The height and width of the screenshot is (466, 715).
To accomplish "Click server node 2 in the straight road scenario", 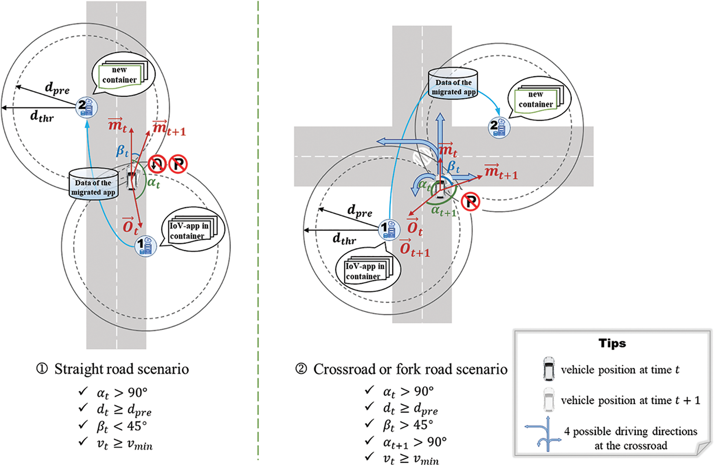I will (x=86, y=108).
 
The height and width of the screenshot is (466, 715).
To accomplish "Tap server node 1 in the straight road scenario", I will (x=145, y=246).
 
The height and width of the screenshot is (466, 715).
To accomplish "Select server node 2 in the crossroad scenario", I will (x=499, y=127).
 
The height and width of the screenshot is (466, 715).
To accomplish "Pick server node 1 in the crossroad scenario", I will (x=388, y=229).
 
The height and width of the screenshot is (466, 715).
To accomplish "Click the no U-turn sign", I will (x=157, y=164).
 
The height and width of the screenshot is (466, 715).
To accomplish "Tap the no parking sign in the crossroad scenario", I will (x=471, y=201).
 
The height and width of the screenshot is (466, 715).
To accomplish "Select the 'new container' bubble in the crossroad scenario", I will (x=539, y=99).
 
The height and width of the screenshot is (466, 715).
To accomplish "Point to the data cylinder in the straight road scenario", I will (x=93, y=184).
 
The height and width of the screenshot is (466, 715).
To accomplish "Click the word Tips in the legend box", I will (x=612, y=343).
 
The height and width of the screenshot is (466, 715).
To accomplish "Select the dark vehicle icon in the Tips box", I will (x=548, y=368).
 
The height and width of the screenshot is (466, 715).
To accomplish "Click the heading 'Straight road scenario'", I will (x=121, y=369).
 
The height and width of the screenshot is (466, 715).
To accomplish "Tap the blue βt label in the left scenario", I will (x=122, y=151).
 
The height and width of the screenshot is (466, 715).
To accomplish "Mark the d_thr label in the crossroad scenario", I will (x=344, y=239).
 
